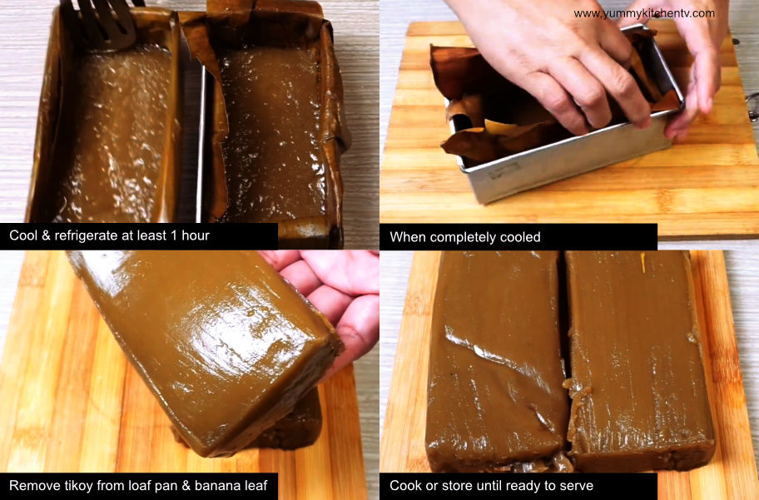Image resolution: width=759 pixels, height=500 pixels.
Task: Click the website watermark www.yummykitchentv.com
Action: (644, 13)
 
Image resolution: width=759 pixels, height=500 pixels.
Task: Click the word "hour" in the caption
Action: (196, 235)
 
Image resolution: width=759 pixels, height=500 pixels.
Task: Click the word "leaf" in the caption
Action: (256, 486)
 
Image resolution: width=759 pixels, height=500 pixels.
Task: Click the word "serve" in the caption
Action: (576, 486)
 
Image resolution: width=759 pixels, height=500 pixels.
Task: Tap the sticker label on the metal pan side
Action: (504, 171)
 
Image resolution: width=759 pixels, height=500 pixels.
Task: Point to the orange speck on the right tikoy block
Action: (642, 261)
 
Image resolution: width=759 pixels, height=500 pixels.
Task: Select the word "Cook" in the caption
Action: (403, 486)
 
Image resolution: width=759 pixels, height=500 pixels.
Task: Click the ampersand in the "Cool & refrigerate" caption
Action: (45, 235)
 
